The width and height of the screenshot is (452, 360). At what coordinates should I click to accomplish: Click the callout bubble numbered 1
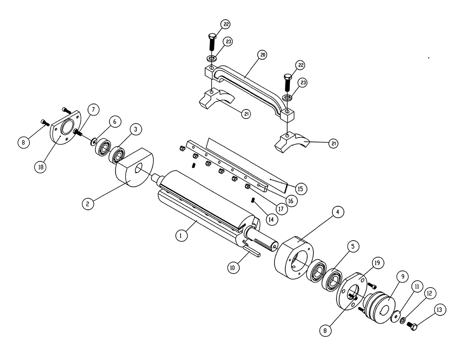tap(181, 236)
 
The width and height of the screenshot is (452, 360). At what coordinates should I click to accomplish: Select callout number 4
tap(338, 212)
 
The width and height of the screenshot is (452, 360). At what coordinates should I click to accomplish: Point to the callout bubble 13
tap(440, 310)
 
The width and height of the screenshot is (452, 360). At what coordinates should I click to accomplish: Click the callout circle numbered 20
tap(262, 55)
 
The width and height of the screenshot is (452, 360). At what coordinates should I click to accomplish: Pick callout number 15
tap(301, 189)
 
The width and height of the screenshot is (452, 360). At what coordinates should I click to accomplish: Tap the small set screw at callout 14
tap(253, 200)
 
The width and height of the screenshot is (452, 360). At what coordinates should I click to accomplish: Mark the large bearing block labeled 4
tap(294, 258)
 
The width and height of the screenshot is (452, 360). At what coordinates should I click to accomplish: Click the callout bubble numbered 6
tap(115, 122)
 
